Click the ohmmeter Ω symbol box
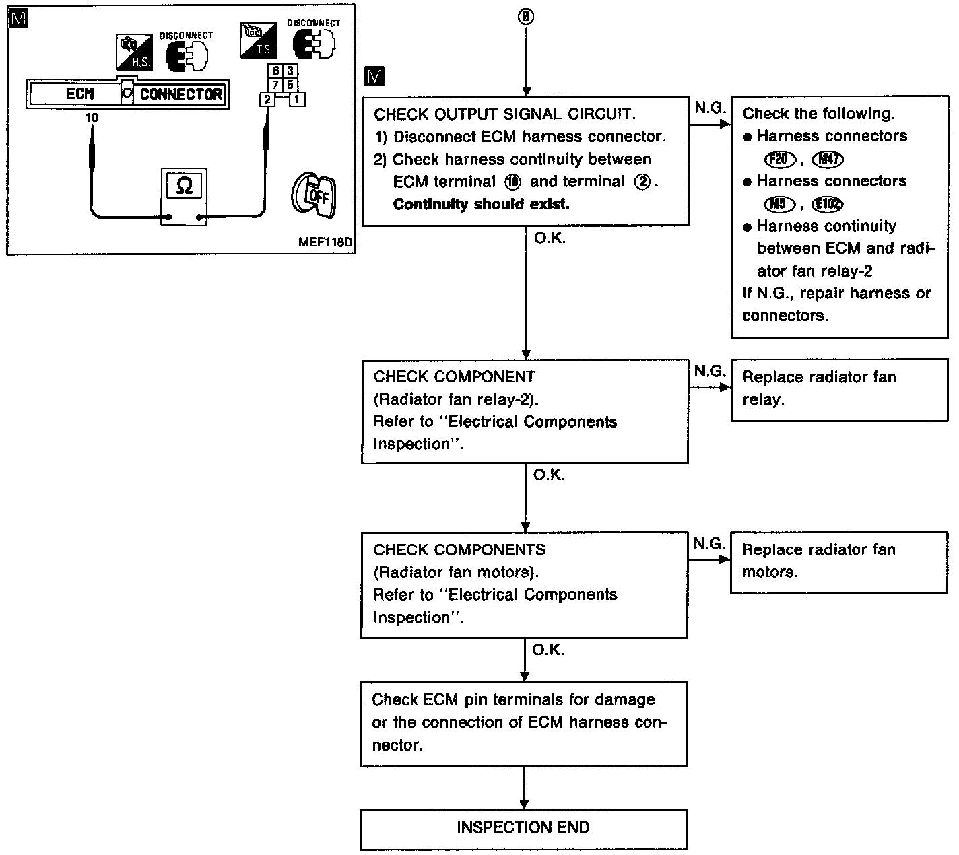[184, 186]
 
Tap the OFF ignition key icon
[314, 195]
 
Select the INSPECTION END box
[523, 828]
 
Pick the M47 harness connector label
[828, 159]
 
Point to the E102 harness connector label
[828, 204]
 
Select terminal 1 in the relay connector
[297, 100]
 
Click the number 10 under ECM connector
[92, 118]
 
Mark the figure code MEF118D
[325, 242]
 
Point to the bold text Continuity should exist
[481, 204]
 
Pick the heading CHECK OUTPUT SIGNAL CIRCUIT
[504, 114]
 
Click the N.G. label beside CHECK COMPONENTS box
[709, 543]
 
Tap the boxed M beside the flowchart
[374, 77]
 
